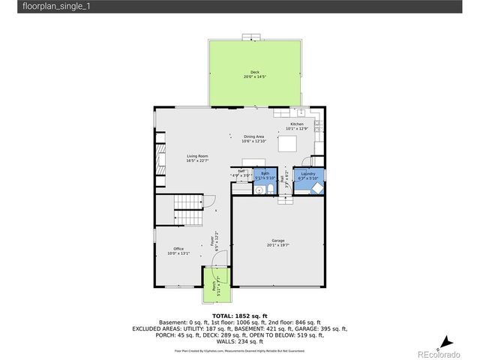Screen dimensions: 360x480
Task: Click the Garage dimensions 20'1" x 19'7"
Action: [277, 244]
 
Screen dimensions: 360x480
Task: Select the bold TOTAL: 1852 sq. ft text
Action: [240, 315]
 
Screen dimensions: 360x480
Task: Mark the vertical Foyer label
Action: [217, 240]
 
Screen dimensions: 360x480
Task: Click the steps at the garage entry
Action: [284, 199]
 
